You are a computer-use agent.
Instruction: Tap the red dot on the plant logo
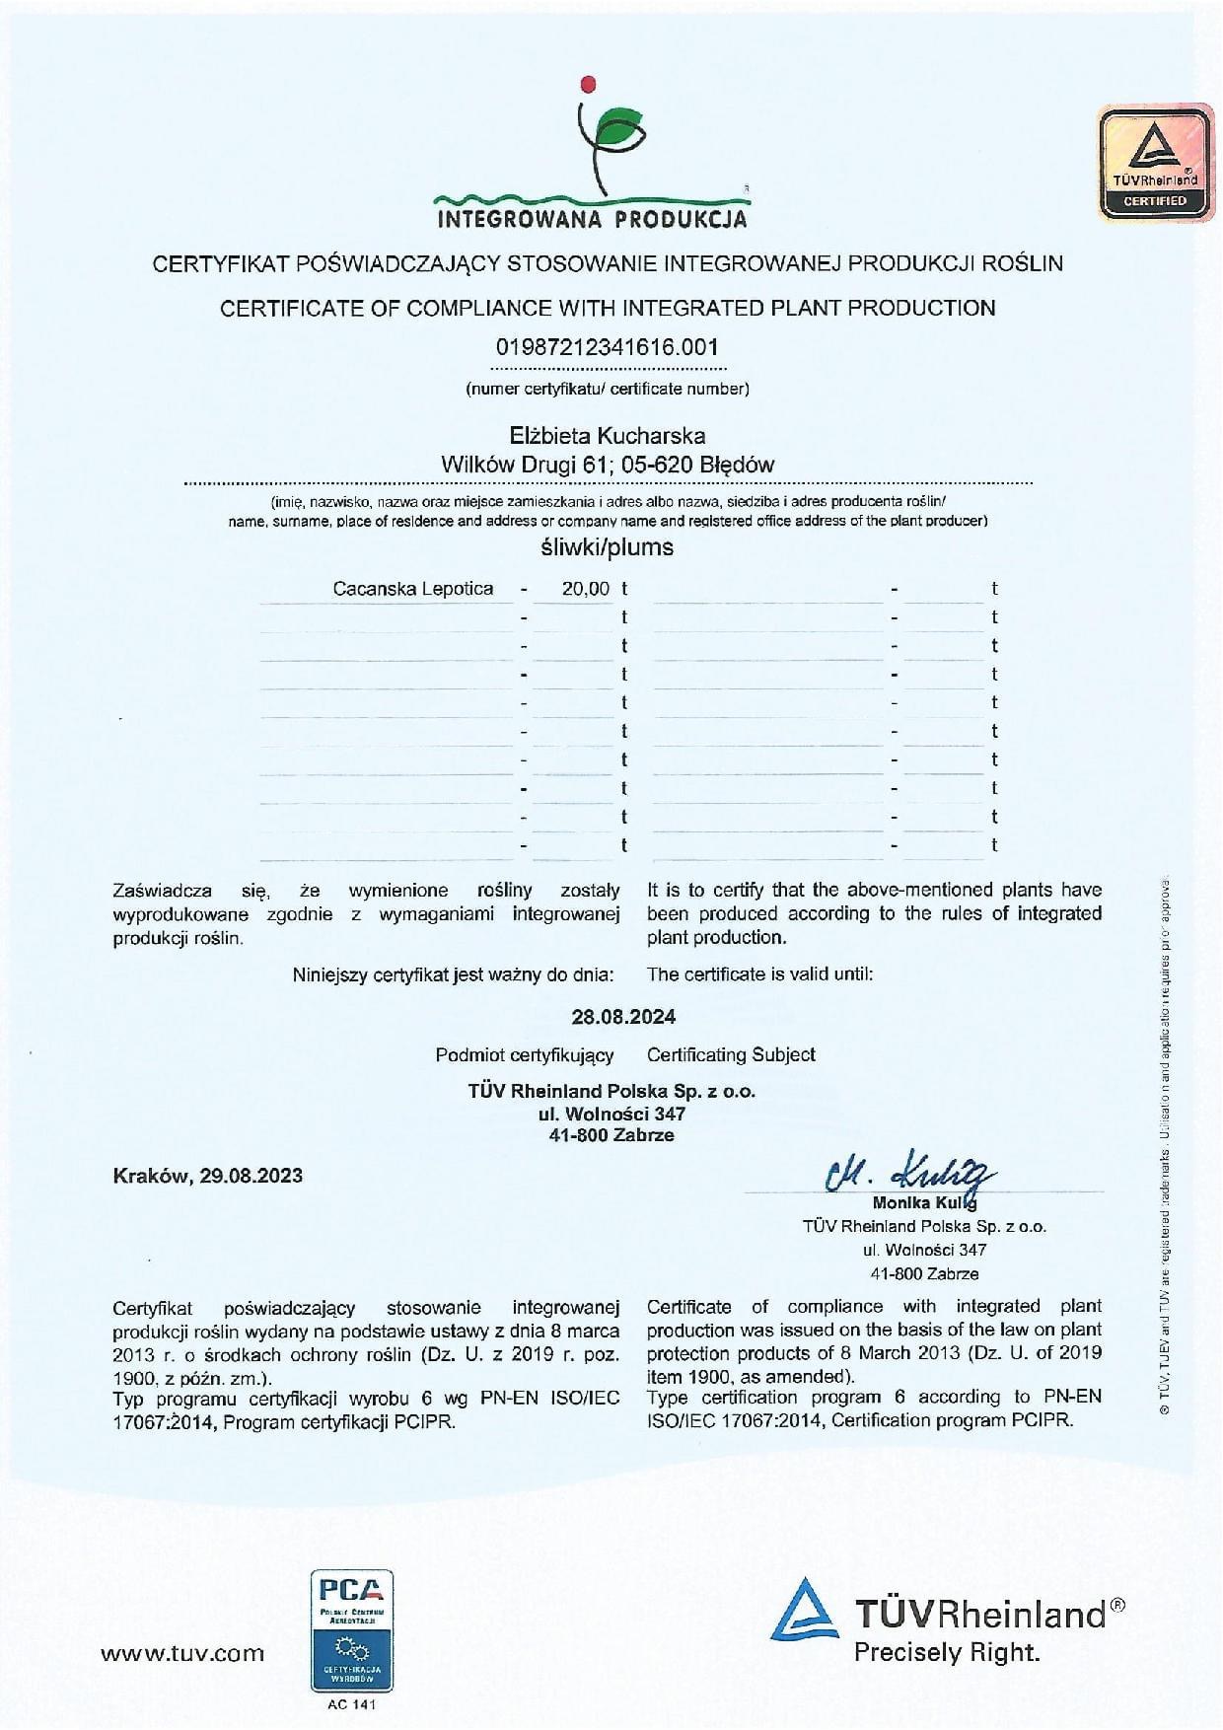590,83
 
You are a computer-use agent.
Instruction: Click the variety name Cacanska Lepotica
412,589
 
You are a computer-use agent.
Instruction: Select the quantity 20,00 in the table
586,589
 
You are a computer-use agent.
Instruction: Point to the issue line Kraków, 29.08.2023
208,1176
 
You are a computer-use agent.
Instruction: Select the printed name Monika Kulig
924,1203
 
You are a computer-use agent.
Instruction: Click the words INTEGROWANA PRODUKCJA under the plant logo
592,218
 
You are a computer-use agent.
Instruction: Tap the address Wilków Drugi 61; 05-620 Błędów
607,465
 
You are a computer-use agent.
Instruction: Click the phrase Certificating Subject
731,1054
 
